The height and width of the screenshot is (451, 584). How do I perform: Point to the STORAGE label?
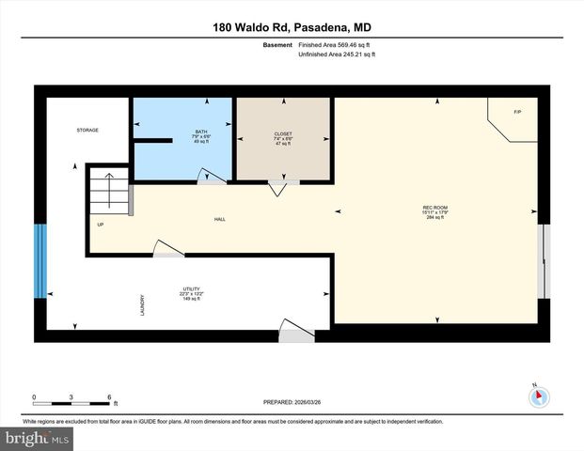pyautogui.click(x=87, y=130)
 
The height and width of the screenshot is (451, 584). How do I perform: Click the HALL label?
pyautogui.click(x=220, y=219)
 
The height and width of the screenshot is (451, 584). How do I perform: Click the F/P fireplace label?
pyautogui.click(x=517, y=113)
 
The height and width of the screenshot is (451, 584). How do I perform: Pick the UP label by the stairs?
pyautogui.click(x=100, y=225)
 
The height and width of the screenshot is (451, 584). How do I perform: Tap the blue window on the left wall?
pyautogui.click(x=39, y=261)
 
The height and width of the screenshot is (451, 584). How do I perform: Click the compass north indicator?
pyautogui.click(x=539, y=396)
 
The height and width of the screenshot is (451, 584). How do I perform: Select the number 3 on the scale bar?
pyautogui.click(x=72, y=397)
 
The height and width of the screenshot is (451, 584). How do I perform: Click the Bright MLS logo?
pyautogui.click(x=36, y=438)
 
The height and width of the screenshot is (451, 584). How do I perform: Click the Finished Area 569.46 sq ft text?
pyautogui.click(x=336, y=44)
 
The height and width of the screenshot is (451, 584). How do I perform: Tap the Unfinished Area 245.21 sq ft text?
pyautogui.click(x=336, y=55)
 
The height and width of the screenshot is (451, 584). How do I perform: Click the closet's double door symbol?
pyautogui.click(x=279, y=186)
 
